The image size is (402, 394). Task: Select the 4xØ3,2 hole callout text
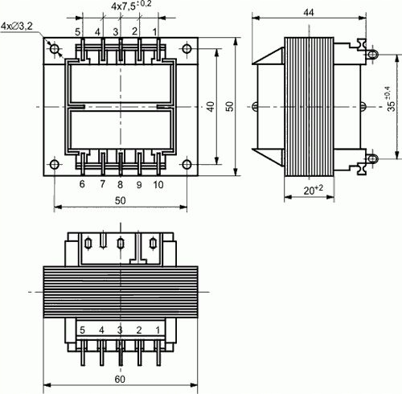click(17, 27)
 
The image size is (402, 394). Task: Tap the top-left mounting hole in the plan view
click(55, 49)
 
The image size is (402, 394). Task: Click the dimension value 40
click(210, 107)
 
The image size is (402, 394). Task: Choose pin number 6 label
click(81, 184)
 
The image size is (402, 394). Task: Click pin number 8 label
click(120, 184)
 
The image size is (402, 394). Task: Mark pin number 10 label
click(158, 184)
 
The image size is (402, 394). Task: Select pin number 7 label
click(101, 184)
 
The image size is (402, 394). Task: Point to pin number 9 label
click(138, 184)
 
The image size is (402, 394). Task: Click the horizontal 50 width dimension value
click(120, 200)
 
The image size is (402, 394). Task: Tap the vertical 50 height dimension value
click(229, 107)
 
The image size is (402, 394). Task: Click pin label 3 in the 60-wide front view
click(120, 330)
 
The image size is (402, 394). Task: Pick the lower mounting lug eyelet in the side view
click(373, 158)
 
